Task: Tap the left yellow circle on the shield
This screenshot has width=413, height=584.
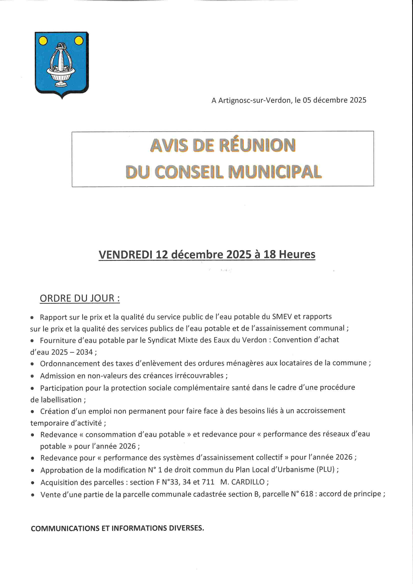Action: point(43,41)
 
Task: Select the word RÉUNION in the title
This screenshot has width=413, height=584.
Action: point(257,145)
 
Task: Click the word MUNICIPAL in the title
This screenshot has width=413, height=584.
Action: point(275,172)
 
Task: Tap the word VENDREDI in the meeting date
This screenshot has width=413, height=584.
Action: point(125,255)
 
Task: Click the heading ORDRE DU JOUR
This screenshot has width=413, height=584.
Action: point(80,298)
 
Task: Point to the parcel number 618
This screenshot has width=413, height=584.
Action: point(307,494)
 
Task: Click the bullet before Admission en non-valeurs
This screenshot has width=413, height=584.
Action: point(32,376)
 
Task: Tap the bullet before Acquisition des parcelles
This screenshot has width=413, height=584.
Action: point(32,483)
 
